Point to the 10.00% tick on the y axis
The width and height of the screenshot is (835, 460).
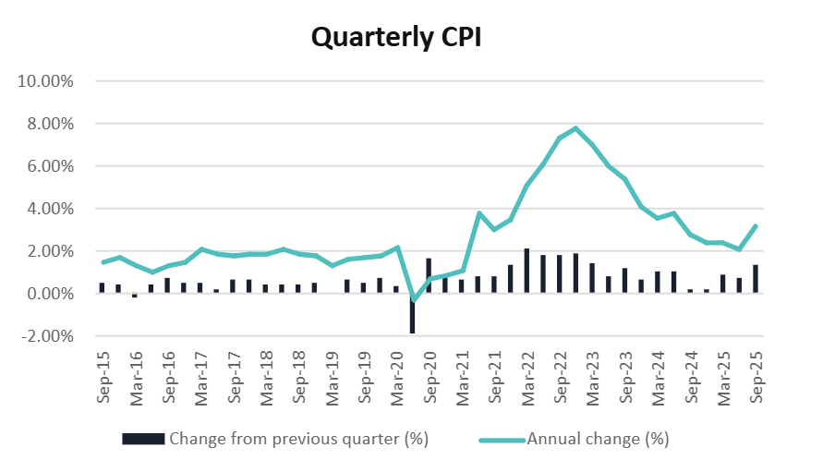[46, 81]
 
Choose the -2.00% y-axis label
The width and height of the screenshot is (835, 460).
[46, 336]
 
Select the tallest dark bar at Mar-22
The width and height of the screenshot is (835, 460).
[526, 271]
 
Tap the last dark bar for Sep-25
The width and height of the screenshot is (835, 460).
[756, 279]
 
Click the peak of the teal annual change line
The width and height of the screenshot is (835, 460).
[575, 128]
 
